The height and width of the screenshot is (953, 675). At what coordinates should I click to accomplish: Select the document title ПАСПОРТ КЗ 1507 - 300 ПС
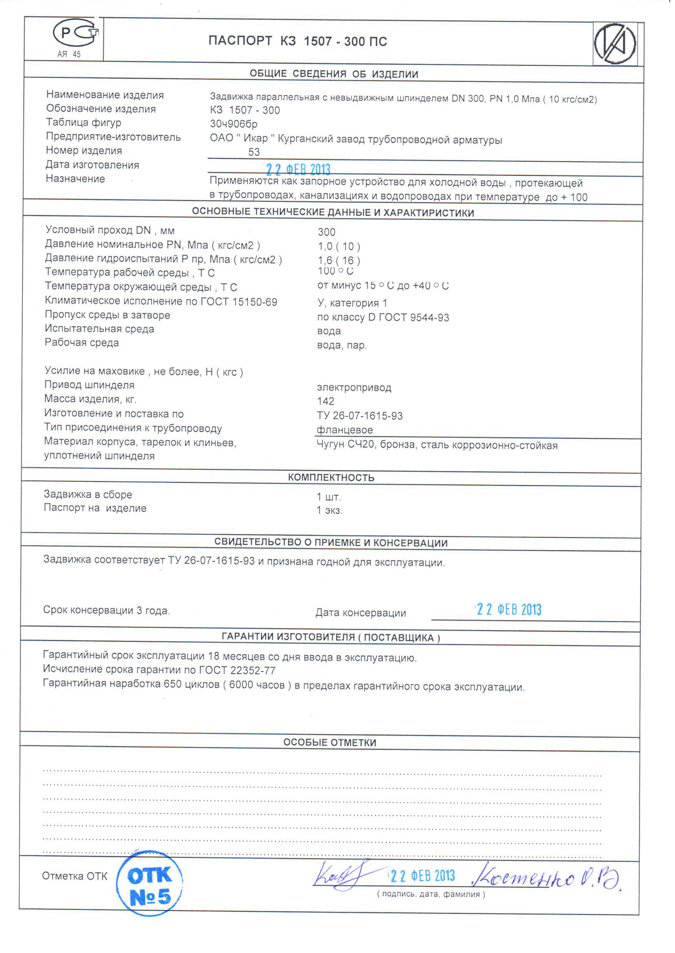[x=298, y=41]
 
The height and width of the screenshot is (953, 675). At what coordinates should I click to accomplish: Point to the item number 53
[x=254, y=152]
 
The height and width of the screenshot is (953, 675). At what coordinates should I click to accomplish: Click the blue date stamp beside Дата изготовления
[x=298, y=169]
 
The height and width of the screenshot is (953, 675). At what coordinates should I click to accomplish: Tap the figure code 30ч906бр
[x=233, y=124]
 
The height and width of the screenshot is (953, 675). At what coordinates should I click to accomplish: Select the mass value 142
[x=325, y=401]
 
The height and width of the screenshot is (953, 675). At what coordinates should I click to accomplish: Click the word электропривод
[x=354, y=387]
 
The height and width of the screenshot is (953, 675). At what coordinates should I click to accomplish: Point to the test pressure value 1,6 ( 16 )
[x=339, y=260]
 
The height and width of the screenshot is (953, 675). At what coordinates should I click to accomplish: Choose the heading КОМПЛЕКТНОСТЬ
[x=331, y=478]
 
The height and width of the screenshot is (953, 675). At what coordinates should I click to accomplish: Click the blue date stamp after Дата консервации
[x=509, y=610]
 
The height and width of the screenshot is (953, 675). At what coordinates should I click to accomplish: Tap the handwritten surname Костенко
[x=524, y=878]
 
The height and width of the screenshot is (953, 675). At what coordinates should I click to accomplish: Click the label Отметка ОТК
[x=75, y=876]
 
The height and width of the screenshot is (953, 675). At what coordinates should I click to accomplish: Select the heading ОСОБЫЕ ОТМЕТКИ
[x=330, y=743]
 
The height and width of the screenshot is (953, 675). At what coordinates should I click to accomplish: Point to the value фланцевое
[x=344, y=430]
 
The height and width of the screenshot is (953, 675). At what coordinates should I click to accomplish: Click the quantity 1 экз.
[x=330, y=510]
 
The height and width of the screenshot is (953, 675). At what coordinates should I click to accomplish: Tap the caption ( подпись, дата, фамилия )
[x=431, y=894]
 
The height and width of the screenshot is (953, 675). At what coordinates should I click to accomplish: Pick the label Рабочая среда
[x=82, y=343]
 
